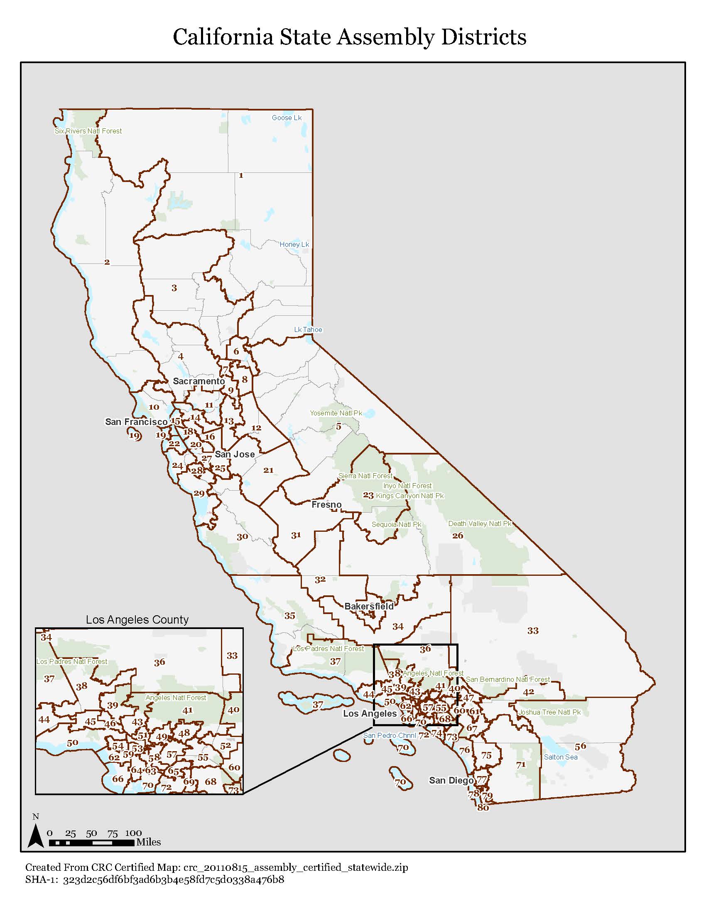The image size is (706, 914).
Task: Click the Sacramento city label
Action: (199, 381)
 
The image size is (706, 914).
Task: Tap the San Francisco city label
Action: (136, 422)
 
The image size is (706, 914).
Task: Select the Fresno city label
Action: (326, 505)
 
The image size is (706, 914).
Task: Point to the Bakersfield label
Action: (369, 607)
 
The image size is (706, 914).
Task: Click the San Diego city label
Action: (451, 781)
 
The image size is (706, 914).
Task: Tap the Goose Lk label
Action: (287, 118)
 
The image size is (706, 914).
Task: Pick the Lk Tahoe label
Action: (308, 330)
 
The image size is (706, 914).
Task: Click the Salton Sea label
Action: (561, 757)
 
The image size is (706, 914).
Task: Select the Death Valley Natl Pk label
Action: (480, 523)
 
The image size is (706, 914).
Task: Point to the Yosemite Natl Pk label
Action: (336, 413)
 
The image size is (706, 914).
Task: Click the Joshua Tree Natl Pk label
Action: (549, 712)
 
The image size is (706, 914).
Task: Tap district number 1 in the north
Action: (241, 175)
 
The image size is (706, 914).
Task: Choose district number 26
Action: (458, 535)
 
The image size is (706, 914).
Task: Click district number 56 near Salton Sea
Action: (580, 746)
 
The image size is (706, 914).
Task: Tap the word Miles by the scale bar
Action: (149, 842)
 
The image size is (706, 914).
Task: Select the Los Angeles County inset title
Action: (137, 620)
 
